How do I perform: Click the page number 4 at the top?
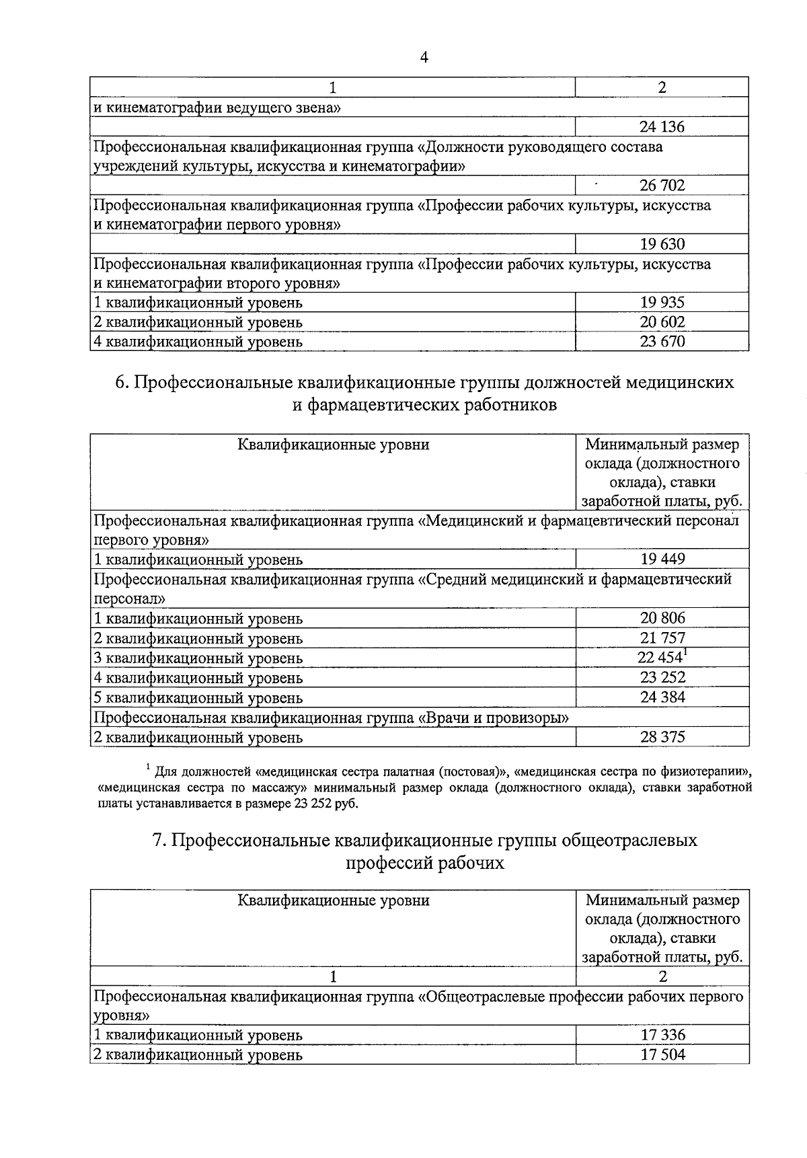[423, 58]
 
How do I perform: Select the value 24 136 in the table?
[662, 126]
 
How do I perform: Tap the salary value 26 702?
[662, 185]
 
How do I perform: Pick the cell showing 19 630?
[662, 243]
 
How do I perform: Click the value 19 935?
[662, 302]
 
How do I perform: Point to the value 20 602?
[662, 321]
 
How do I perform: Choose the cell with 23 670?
[662, 341]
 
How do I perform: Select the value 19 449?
[662, 559]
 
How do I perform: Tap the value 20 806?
[662, 617]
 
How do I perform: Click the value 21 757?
[662, 638]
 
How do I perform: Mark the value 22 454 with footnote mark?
[660, 657]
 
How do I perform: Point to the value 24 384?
[662, 697]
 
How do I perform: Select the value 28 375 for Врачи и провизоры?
[662, 736]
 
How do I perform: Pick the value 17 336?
[662, 1035]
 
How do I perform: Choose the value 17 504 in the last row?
[662, 1054]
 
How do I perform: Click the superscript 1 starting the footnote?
[147, 766]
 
